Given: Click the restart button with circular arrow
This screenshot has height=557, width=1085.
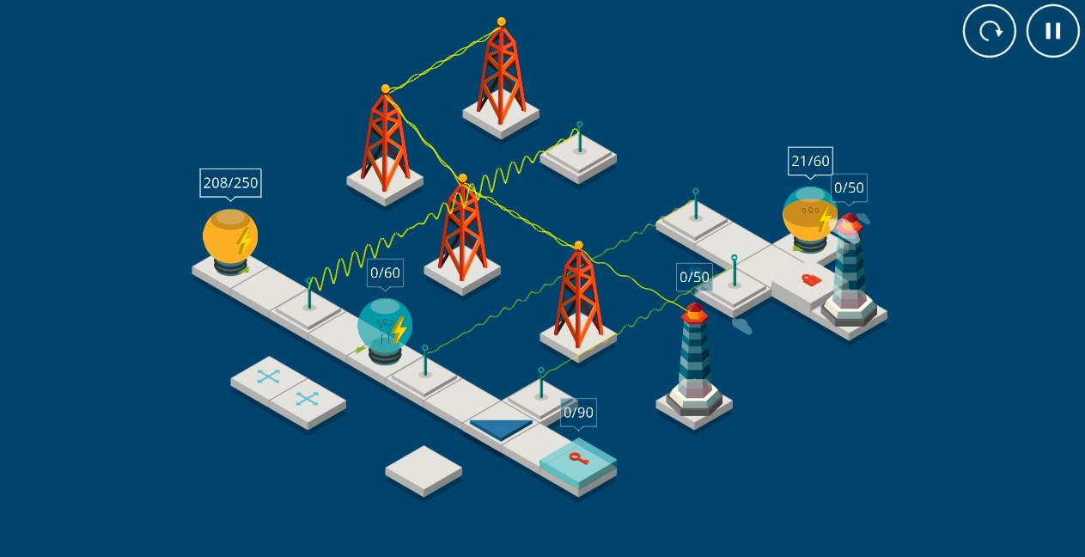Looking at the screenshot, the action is pyautogui.click(x=989, y=31).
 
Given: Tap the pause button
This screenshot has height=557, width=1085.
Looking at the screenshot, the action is pyautogui.click(x=1053, y=31).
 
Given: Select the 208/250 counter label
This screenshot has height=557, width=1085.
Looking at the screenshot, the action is pyautogui.click(x=230, y=183).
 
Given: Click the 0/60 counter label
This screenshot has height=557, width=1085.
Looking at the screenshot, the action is pyautogui.click(x=385, y=272).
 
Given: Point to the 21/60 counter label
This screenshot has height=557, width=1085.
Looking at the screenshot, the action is pyautogui.click(x=810, y=161).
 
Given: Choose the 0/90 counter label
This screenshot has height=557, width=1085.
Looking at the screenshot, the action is pyautogui.click(x=578, y=413).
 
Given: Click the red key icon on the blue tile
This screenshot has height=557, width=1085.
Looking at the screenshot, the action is pyautogui.click(x=578, y=457).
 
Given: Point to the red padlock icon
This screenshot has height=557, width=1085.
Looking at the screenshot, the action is pyautogui.click(x=811, y=279).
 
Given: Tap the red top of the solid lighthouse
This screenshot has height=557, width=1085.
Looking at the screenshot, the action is pyautogui.click(x=695, y=313).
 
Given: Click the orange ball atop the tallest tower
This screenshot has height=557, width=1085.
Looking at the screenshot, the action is pyautogui.click(x=502, y=21).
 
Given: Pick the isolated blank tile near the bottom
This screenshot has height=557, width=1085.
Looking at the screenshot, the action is pyautogui.click(x=424, y=471).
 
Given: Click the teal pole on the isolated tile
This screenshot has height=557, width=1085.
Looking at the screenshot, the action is pyautogui.click(x=579, y=138).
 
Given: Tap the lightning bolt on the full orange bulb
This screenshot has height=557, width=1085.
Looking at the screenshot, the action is pyautogui.click(x=244, y=241).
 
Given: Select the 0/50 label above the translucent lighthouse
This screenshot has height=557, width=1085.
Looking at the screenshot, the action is pyautogui.click(x=849, y=187).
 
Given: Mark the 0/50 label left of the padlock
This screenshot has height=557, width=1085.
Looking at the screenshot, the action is pyautogui.click(x=694, y=277).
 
